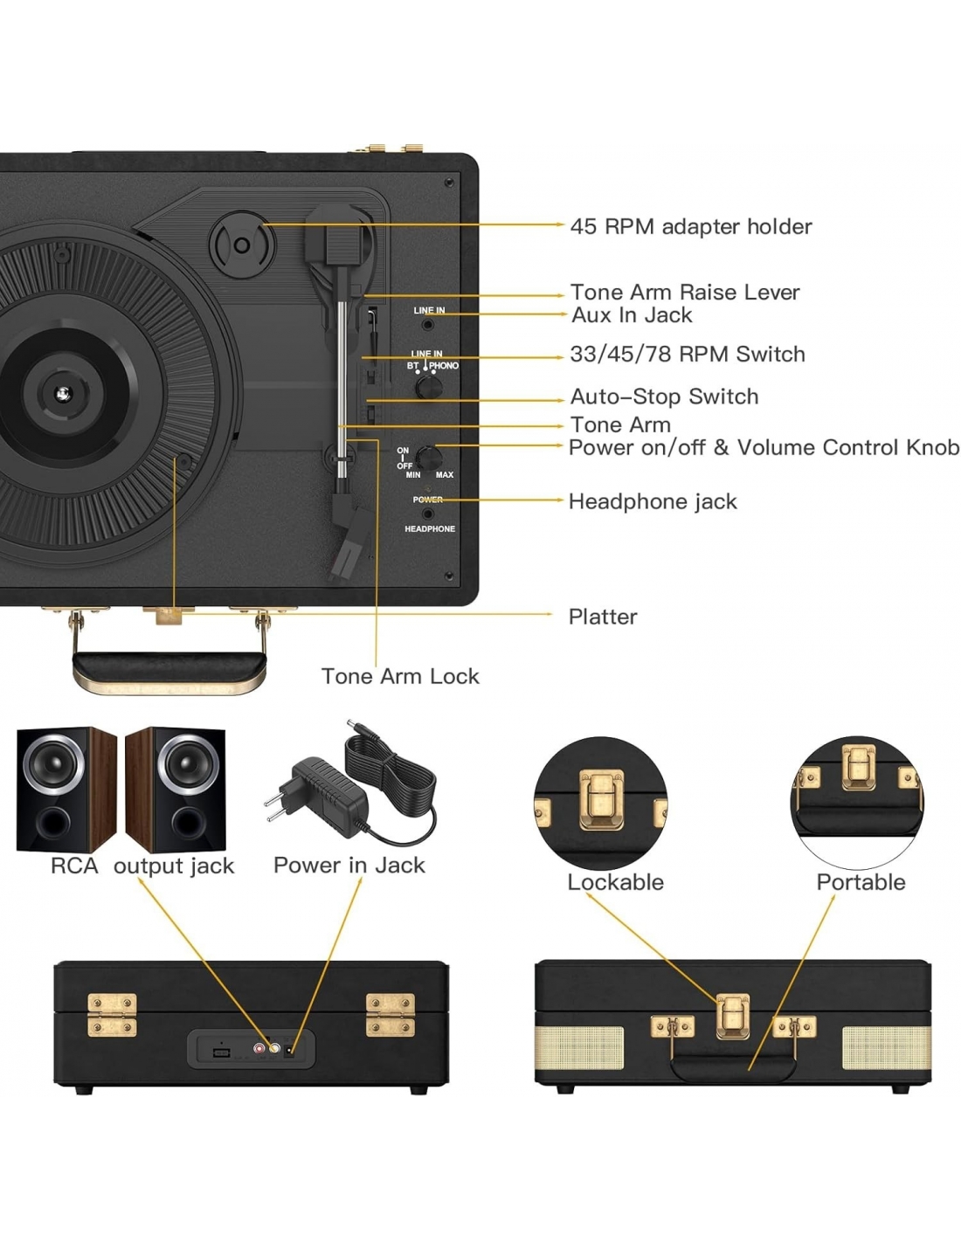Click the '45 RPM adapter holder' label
[x=690, y=227]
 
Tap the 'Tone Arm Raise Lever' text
[x=684, y=292]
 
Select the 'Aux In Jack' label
[x=631, y=315]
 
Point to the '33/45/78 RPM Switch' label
[x=687, y=355]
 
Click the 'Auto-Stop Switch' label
[x=664, y=397]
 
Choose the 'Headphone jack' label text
[x=652, y=501]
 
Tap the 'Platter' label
[x=602, y=617]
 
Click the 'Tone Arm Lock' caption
[x=400, y=676]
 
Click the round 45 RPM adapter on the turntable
[x=241, y=244]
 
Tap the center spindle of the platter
[x=62, y=394]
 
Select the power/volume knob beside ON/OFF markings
[x=428, y=457]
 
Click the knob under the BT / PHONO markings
[x=428, y=386]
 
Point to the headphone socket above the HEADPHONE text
[x=427, y=514]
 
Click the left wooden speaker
[x=66, y=789]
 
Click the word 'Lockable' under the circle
[x=615, y=882]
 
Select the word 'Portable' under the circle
[x=861, y=882]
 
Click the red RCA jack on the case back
[x=259, y=1048]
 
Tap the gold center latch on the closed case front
[x=732, y=1016]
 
